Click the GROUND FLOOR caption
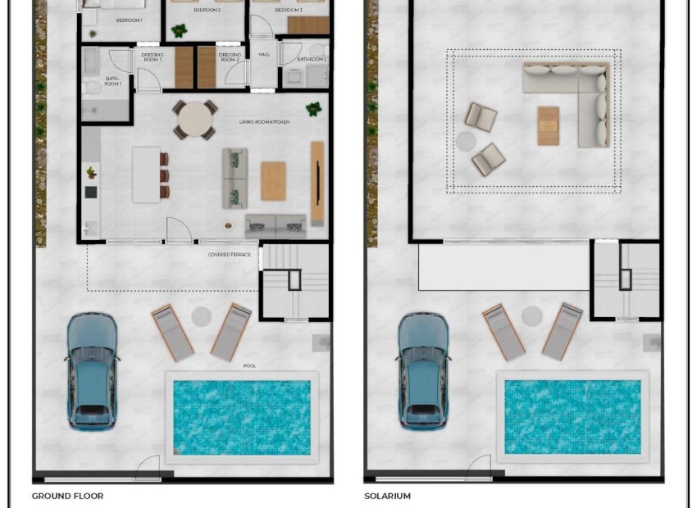coord(67,496)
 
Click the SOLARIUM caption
coord(387,496)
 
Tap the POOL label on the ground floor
coord(249,365)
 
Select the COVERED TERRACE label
coord(229,255)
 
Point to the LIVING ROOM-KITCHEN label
coord(264,122)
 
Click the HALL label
coord(264,55)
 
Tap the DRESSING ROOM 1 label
coord(152,57)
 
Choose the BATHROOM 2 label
coord(312,60)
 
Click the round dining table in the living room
coord(194,120)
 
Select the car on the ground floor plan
coord(91,370)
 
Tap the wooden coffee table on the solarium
coord(549,125)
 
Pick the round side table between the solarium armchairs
coord(466,141)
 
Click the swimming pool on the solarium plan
coord(572,416)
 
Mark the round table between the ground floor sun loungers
coord(201,316)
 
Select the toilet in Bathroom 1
coord(92,86)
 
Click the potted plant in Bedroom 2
coord(179,31)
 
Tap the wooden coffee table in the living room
coord(273,181)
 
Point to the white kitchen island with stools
coord(147,174)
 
